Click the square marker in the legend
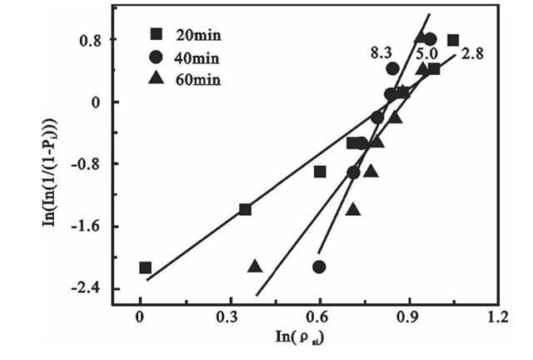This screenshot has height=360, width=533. [156, 35]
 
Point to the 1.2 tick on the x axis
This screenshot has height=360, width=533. [497, 317]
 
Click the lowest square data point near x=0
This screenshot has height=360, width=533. [145, 267]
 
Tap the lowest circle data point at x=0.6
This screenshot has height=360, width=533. [319, 267]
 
